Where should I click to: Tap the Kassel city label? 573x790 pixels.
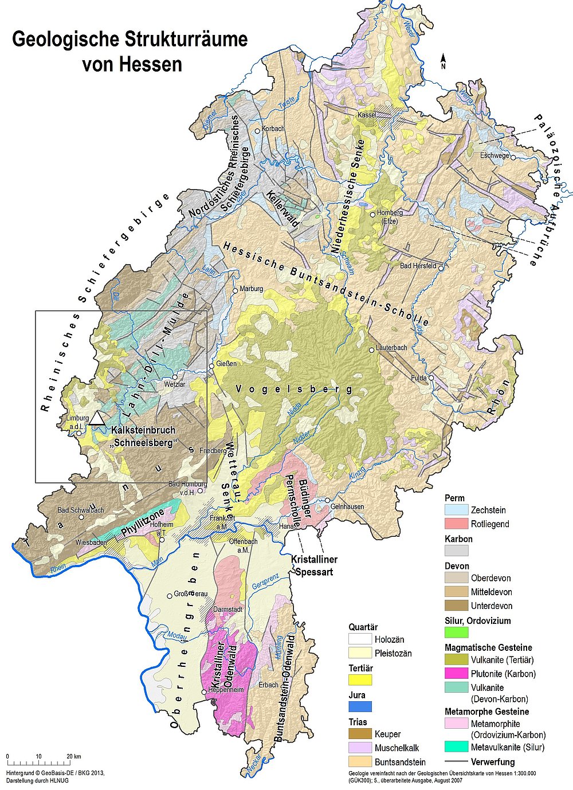(367, 115)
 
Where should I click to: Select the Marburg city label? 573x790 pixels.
(252, 289)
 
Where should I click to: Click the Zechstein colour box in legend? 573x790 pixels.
(456, 510)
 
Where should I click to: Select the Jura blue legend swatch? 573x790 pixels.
(360, 706)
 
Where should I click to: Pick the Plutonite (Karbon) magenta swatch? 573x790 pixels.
(456, 674)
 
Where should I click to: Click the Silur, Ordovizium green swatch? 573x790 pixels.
(456, 632)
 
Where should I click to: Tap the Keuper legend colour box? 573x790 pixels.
(360, 734)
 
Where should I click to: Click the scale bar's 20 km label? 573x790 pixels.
(73, 756)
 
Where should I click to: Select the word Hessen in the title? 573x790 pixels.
(132, 64)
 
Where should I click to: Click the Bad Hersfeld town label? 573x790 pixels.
(418, 266)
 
